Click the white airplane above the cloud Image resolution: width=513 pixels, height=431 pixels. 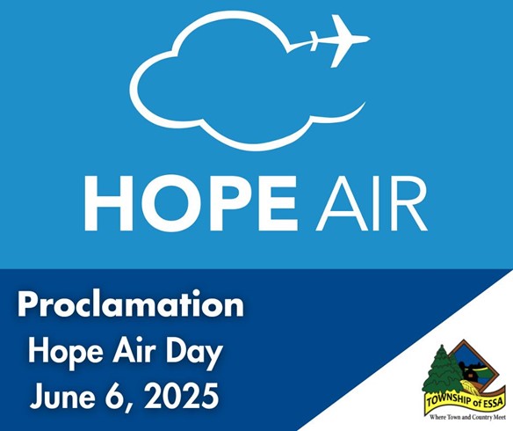coord(340,40)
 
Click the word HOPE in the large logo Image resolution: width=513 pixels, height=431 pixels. coord(191,203)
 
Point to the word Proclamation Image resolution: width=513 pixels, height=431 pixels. coord(131,304)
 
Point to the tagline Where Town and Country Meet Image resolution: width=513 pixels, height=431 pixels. coord(468,418)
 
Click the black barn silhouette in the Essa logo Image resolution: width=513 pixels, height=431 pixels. coord(467,371)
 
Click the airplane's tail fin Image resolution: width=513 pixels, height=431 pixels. coord(314,40)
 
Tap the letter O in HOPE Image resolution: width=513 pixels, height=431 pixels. coord(165,204)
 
